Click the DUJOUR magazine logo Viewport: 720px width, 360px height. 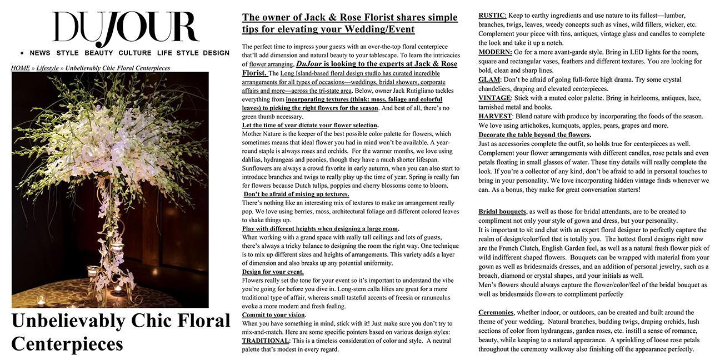click(125, 28)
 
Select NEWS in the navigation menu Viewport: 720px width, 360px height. click(40, 53)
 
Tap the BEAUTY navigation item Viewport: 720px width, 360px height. click(99, 53)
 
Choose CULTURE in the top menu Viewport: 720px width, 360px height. click(135, 53)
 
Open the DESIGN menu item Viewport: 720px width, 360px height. click(216, 53)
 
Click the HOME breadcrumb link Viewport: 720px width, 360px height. click(21, 68)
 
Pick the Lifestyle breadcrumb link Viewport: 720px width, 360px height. click(47, 68)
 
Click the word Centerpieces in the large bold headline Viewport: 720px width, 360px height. click(67, 344)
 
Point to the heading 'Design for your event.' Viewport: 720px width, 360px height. click(273, 272)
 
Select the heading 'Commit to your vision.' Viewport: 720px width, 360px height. click(274, 315)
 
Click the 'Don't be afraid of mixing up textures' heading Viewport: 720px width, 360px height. click(296, 194)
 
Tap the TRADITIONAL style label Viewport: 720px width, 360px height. click(265, 341)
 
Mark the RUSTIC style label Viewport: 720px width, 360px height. click(492, 16)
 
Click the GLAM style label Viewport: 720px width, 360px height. click(489, 79)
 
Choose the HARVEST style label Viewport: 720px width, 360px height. click(495, 116)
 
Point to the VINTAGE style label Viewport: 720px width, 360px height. click(494, 98)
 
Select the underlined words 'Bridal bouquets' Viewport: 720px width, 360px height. click(502, 212)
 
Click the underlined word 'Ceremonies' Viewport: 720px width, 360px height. click(496, 313)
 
